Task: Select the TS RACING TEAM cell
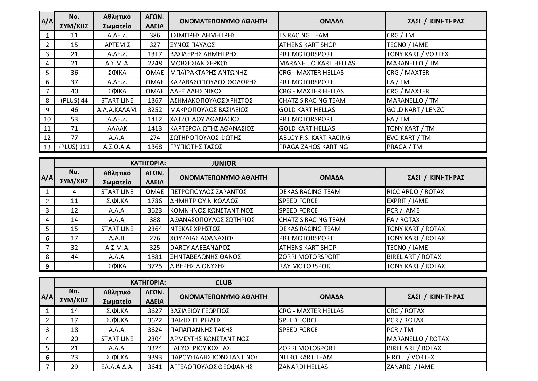tap(304, 35)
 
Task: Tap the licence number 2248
tap(155, 63)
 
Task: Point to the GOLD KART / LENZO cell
tap(416, 110)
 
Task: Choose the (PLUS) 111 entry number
tap(74, 147)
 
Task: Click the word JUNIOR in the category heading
tap(224, 163)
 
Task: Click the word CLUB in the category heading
tap(223, 282)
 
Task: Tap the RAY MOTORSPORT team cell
tap(306, 266)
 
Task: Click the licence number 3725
tap(155, 266)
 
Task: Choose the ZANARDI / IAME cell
tap(410, 367)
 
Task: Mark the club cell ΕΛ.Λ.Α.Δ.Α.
tap(117, 367)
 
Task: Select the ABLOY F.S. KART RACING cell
tap(315, 138)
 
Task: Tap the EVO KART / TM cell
tap(409, 138)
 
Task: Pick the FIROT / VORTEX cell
tap(411, 357)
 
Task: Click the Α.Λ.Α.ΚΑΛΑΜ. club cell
tap(117, 110)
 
